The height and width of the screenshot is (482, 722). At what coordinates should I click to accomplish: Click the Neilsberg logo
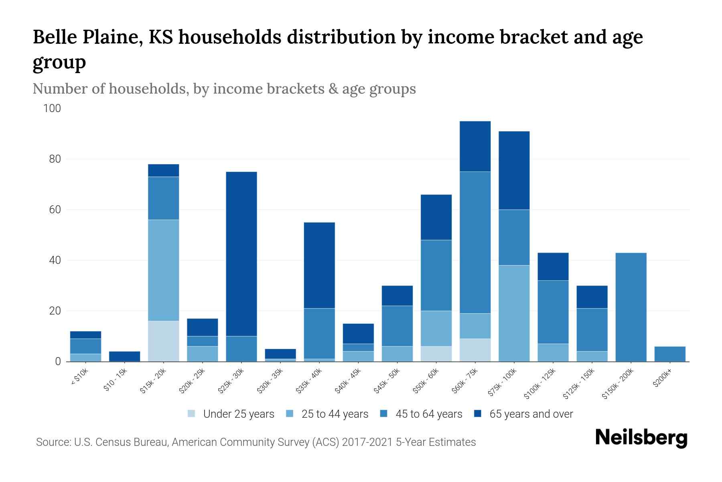[641, 438]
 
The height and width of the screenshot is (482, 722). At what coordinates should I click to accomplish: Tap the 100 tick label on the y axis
[52, 108]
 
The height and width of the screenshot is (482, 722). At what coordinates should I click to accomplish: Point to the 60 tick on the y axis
[55, 210]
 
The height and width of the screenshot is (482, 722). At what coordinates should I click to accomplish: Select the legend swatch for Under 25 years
[192, 414]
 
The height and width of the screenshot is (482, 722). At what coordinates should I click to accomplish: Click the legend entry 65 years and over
[531, 414]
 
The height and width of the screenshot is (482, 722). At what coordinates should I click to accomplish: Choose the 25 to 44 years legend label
[335, 414]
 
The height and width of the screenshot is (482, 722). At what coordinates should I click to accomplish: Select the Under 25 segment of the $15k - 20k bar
[164, 341]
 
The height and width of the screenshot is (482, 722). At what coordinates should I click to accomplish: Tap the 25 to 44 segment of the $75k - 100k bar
[514, 313]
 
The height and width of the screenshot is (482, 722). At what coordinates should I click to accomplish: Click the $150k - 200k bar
[631, 307]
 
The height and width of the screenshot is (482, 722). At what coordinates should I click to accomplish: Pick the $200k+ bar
[670, 354]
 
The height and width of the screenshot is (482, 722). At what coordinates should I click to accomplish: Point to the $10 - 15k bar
[124, 356]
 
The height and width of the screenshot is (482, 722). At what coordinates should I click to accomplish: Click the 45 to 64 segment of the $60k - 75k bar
[475, 243]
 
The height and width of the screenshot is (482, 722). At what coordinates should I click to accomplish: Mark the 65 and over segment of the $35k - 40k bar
[319, 265]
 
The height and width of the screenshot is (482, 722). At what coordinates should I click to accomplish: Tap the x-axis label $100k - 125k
[540, 383]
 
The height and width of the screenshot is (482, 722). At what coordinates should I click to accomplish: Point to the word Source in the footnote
[53, 442]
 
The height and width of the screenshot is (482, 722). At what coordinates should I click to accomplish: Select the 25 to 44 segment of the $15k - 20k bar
[164, 270]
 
